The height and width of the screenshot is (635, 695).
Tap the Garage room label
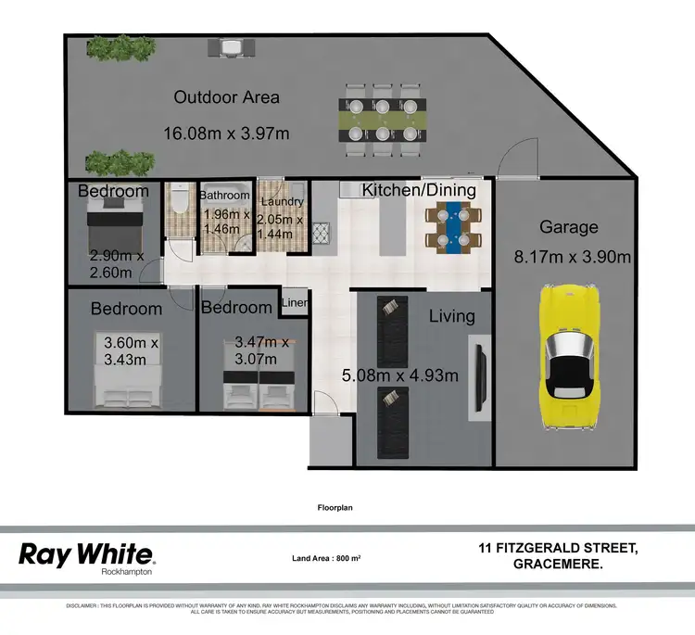(x=569, y=227)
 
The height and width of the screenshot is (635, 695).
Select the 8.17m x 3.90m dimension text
(x=573, y=258)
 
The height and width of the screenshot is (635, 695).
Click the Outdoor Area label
(x=226, y=97)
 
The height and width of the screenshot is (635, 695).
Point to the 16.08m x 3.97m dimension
(x=226, y=133)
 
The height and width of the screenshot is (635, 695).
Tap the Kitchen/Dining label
(x=419, y=190)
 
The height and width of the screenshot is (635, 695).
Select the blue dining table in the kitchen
(x=454, y=227)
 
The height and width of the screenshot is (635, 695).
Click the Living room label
(x=451, y=316)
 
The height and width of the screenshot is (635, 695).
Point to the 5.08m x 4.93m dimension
(x=400, y=375)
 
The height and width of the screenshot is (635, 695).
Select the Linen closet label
(x=295, y=302)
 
